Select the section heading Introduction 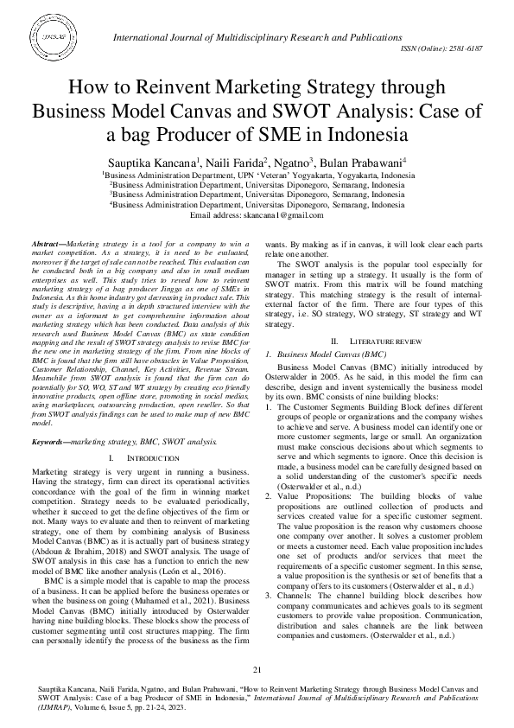139,432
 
